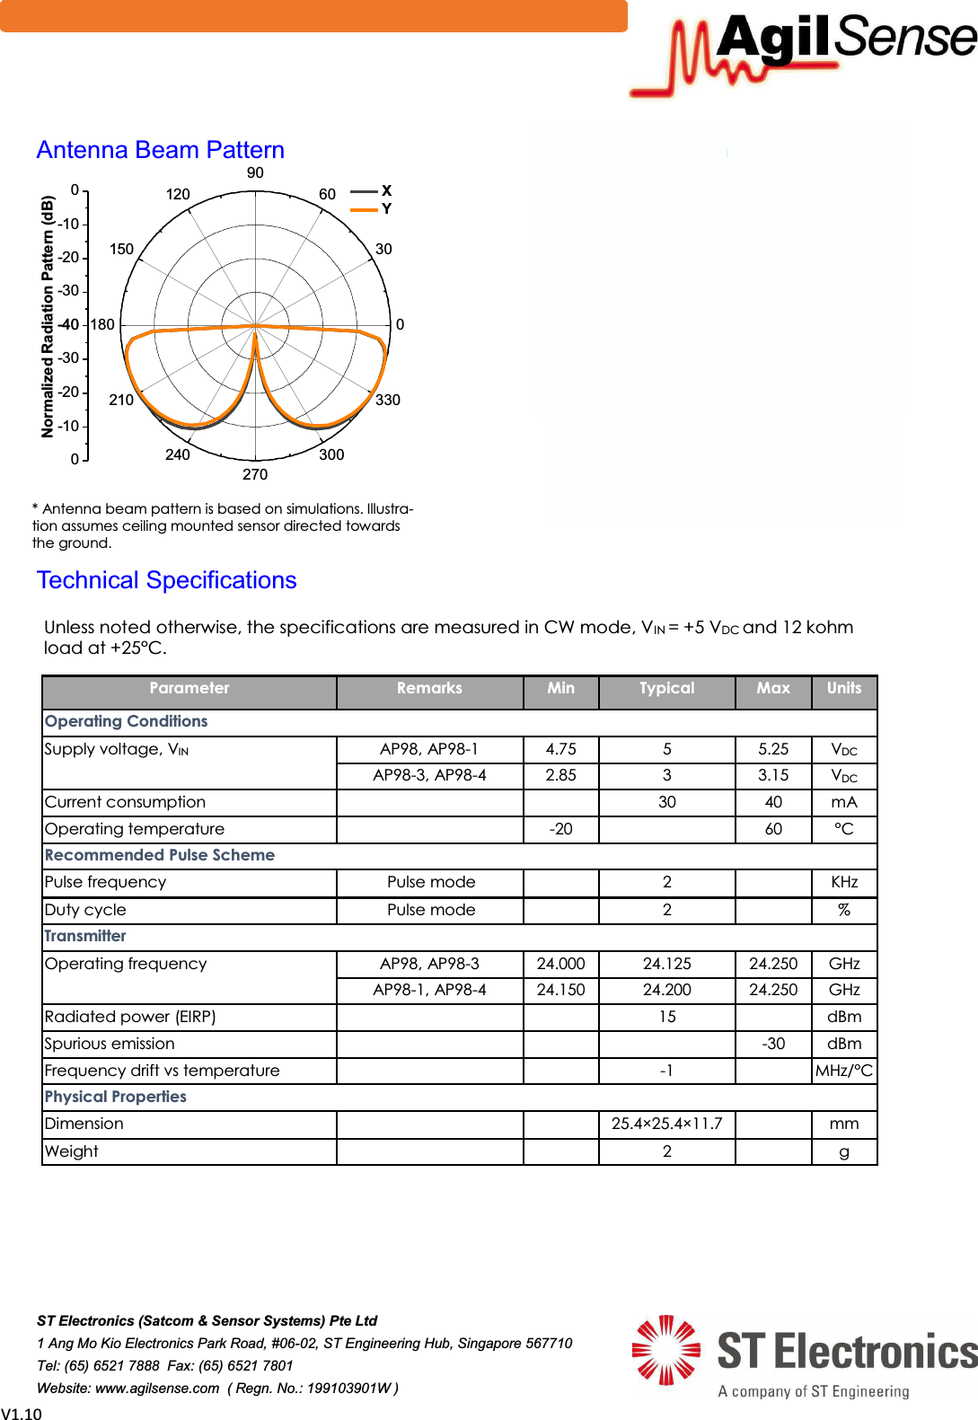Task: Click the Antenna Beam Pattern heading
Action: pos(160,150)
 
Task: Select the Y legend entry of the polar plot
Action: pos(386,209)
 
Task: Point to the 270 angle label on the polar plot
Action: pos(255,474)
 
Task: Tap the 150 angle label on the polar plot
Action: pos(121,249)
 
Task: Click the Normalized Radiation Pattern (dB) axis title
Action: pos(48,317)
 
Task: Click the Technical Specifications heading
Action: pos(166,580)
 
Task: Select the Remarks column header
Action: pos(429,689)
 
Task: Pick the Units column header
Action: pos(843,689)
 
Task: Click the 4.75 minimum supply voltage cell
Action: pos(560,749)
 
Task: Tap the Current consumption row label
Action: pos(125,802)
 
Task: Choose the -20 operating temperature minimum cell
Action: pos(560,829)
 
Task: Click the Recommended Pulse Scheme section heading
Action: pos(160,855)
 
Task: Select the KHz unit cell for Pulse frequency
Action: pos(843,882)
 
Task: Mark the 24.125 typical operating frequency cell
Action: pos(666,964)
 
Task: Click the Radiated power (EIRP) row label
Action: pos(130,1017)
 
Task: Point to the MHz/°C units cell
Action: pos(843,1071)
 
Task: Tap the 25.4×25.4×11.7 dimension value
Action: pos(666,1124)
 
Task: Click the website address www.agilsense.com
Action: pos(157,1388)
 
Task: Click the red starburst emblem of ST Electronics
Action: pos(665,1350)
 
